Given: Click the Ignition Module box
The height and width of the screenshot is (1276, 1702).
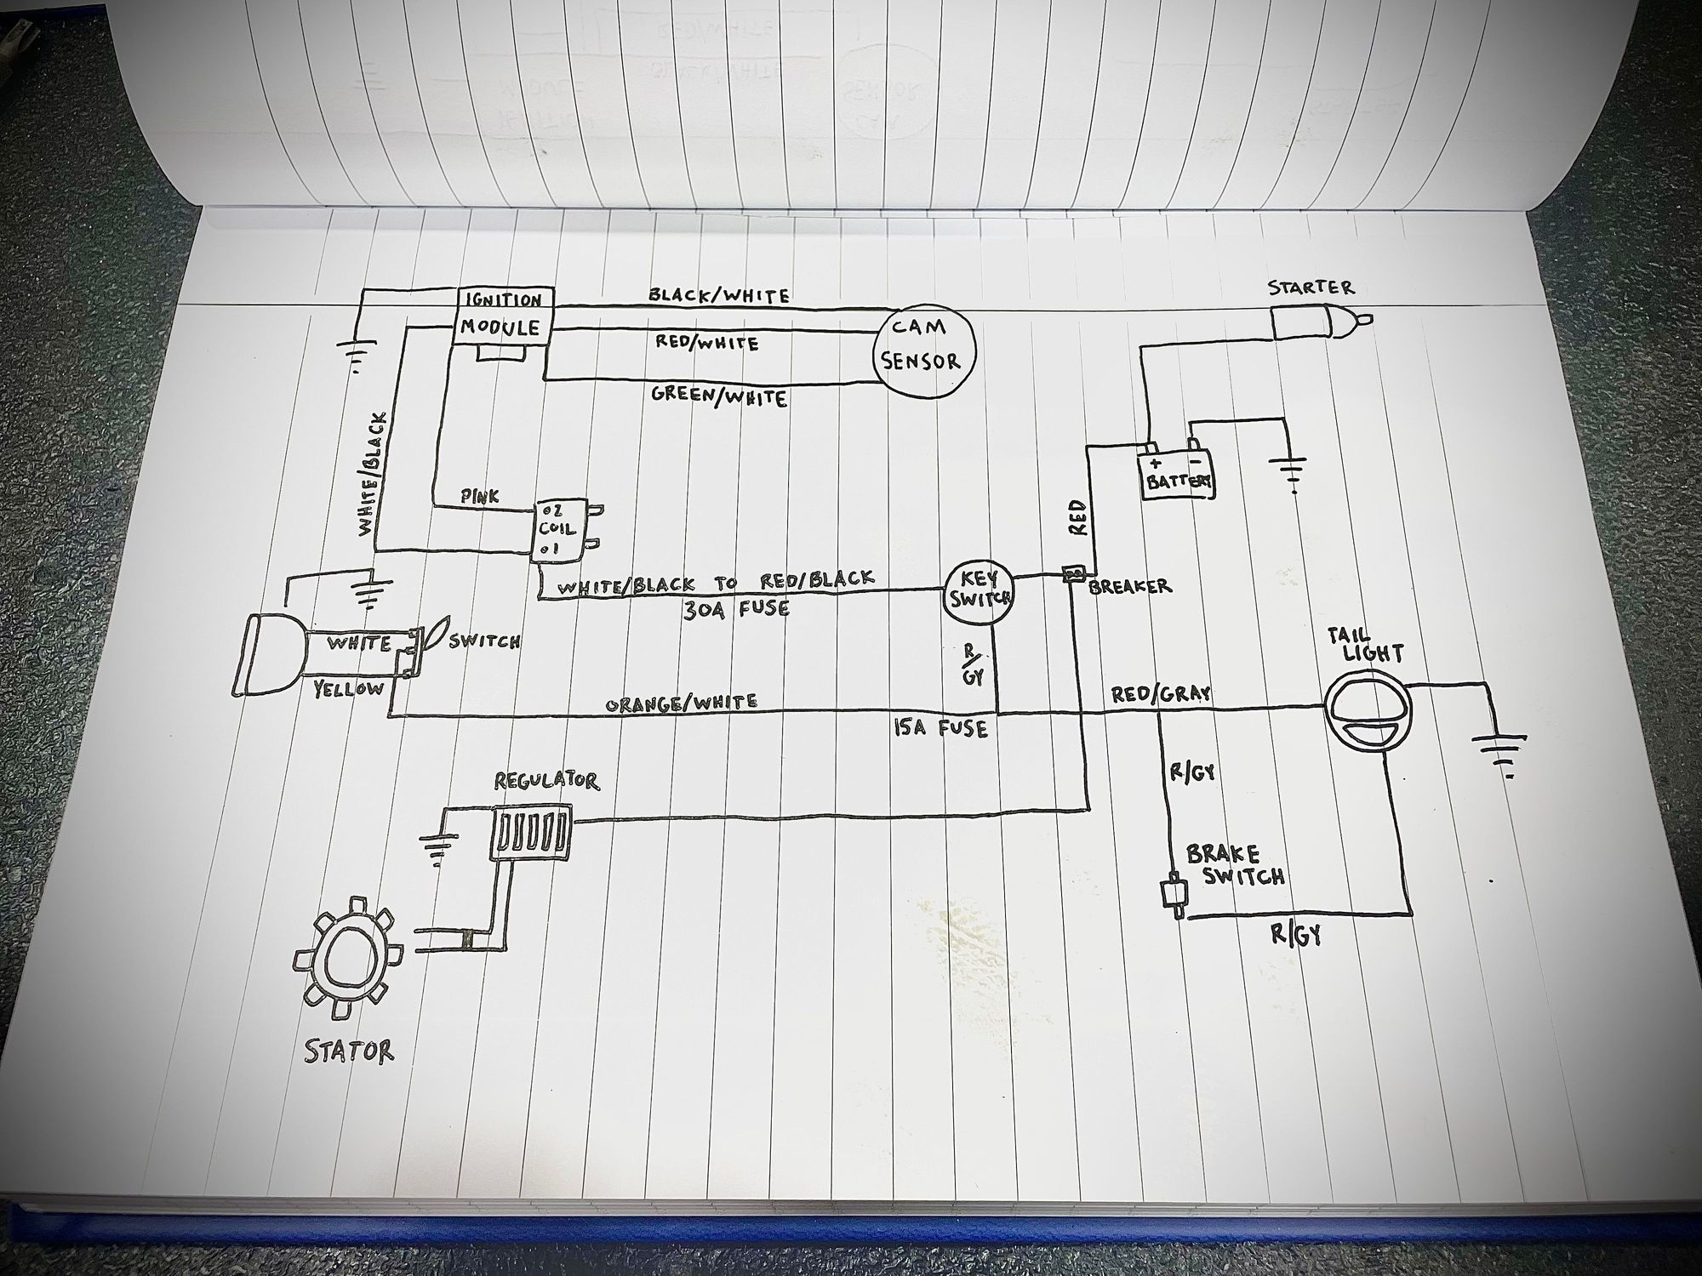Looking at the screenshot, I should (x=503, y=316).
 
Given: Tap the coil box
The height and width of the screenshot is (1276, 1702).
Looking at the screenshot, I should (x=557, y=529).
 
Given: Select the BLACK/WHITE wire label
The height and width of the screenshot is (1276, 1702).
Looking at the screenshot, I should (x=719, y=295).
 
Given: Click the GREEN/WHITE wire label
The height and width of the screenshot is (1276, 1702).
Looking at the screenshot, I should (x=719, y=396).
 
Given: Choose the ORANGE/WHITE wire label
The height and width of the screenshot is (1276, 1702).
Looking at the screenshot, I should (x=681, y=703).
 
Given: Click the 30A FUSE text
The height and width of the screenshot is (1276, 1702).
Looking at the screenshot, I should (x=736, y=609).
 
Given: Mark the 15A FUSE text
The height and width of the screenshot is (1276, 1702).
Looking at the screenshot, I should (x=940, y=728).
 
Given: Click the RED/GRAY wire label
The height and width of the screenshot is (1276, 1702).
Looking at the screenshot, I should (x=1161, y=695).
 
